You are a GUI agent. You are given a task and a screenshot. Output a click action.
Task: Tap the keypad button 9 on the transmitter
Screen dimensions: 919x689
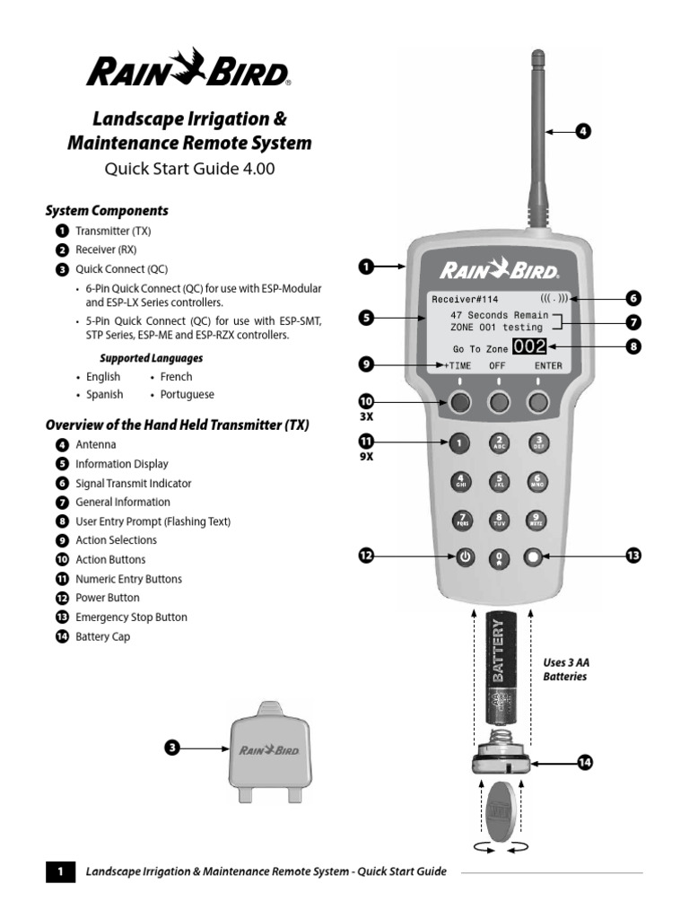pos(537,520)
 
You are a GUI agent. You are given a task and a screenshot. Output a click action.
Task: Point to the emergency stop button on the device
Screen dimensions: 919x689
pos(535,557)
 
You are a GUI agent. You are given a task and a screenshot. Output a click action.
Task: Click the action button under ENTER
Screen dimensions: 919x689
pos(537,402)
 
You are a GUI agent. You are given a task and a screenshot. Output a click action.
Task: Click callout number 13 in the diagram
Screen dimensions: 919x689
pos(632,556)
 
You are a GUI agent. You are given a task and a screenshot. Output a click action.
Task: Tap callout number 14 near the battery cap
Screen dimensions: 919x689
pos(585,762)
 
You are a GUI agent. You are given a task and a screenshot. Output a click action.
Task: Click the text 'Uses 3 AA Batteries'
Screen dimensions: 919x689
pos(565,670)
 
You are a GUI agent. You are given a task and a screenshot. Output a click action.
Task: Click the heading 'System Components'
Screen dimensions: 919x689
pos(107,211)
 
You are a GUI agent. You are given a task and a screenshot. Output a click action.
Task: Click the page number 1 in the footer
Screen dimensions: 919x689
pos(59,871)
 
